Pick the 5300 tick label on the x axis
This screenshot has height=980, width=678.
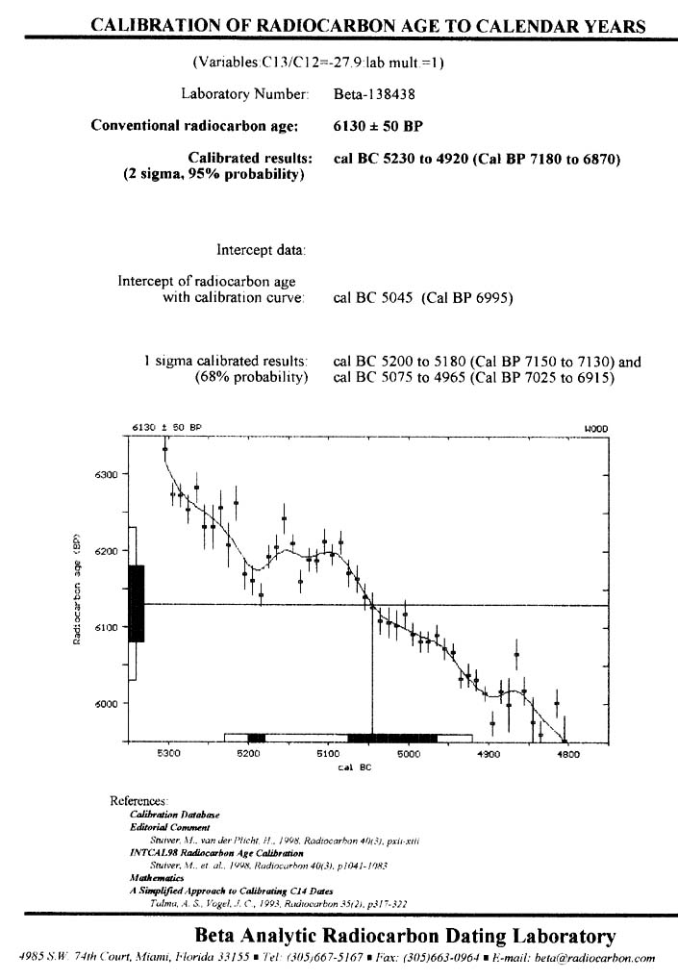pos(168,755)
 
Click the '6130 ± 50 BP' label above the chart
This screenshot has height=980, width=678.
pos(163,427)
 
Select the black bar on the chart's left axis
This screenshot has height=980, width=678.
pos(136,603)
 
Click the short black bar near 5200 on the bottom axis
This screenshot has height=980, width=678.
pos(256,738)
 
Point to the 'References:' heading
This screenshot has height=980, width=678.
pos(139,800)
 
